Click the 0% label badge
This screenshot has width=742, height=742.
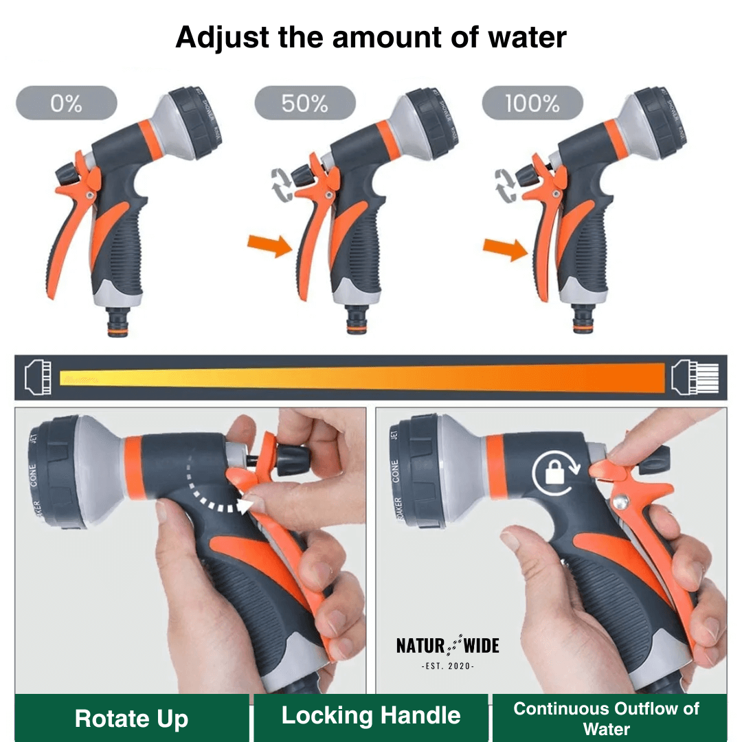[x=67, y=103]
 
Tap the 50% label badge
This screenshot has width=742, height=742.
[x=304, y=103]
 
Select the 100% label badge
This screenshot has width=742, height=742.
[x=532, y=103]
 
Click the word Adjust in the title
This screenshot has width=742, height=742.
[x=222, y=37]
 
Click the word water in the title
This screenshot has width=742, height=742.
[x=527, y=37]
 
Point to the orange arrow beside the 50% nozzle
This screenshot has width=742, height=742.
[x=269, y=245]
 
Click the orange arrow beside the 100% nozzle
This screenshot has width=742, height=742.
[x=506, y=249]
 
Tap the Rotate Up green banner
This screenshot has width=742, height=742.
[x=131, y=719]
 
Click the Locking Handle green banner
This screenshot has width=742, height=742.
[x=371, y=716]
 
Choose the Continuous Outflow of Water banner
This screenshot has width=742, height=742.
[x=607, y=718]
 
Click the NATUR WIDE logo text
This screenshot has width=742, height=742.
[x=447, y=646]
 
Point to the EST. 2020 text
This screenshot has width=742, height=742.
[x=447, y=666]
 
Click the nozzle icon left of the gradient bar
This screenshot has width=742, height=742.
[x=38, y=378]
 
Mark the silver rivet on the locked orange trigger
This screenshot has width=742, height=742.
[x=621, y=504]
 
